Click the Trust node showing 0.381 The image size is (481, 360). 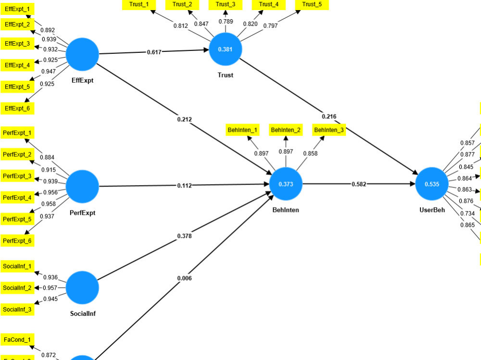click(225, 50)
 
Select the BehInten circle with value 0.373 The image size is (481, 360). click(286, 184)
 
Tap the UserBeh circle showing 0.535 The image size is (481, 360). click(431, 184)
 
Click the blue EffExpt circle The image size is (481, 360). click(82, 54)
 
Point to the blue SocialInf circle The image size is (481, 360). click(82, 287)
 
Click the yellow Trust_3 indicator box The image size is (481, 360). click(226, 4)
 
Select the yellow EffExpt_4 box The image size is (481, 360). click(17, 65)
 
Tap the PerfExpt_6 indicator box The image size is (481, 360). click(17, 240)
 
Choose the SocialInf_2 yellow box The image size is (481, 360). click(17, 288)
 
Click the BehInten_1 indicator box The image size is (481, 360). click(242, 130)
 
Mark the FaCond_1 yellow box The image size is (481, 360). click(17, 340)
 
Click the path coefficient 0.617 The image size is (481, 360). click(154, 51)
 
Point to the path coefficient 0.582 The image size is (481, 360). click(359, 184)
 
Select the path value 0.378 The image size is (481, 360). click(185, 236)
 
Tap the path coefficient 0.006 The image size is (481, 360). click(185, 278)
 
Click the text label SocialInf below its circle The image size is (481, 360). click(82, 313)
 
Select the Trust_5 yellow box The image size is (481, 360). click(312, 4)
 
